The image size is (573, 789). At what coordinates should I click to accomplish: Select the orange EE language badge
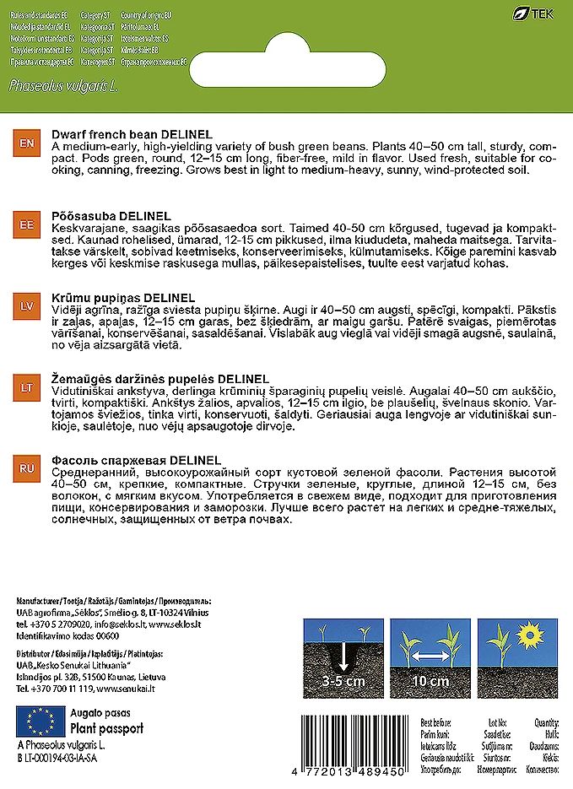(x=25, y=226)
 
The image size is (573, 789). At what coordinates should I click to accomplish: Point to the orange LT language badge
(x=25, y=387)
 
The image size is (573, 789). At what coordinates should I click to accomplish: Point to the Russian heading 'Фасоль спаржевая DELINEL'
(x=137, y=459)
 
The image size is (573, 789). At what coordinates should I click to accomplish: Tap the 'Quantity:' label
(x=547, y=723)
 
